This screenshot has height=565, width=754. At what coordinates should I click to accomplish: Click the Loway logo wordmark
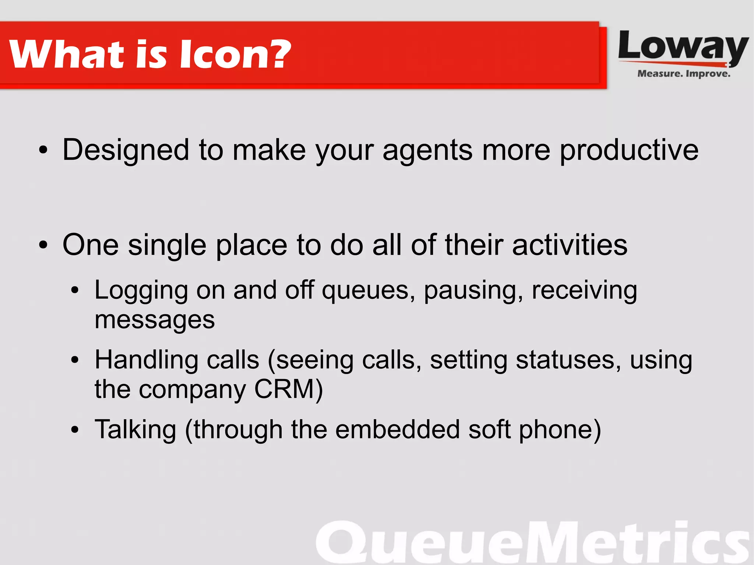pyautogui.click(x=683, y=47)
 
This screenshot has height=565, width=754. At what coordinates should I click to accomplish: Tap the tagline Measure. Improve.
pyautogui.click(x=684, y=74)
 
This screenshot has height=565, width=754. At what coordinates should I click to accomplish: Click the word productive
pyautogui.click(x=629, y=150)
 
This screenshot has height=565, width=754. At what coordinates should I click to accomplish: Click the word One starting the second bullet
pyautogui.click(x=91, y=245)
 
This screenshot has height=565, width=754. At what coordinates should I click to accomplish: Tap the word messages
pyautogui.click(x=155, y=319)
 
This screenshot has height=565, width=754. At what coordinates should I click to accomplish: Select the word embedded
pyautogui.click(x=398, y=430)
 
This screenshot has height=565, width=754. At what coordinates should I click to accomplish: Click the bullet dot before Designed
pyautogui.click(x=43, y=150)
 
